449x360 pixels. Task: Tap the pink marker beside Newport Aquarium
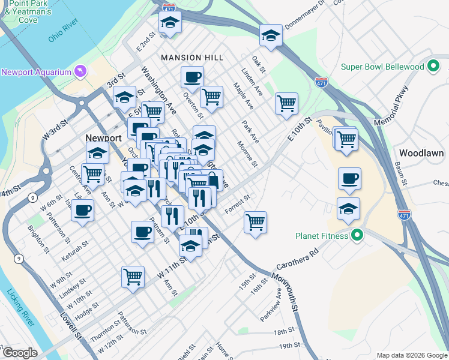80,73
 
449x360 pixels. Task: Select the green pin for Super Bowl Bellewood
434,67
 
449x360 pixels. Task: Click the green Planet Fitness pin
358,236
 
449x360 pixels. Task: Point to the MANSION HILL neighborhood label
192,58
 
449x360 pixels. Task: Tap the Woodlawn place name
421,153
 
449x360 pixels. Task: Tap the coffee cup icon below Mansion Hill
192,77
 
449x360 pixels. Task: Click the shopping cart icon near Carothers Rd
256,223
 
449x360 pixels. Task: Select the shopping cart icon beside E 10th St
286,103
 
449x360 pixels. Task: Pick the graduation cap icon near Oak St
271,35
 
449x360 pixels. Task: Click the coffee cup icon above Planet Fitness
349,178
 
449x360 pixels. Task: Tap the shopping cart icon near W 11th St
133,277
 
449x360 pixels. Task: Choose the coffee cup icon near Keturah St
83,211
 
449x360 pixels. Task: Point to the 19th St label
289,346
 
